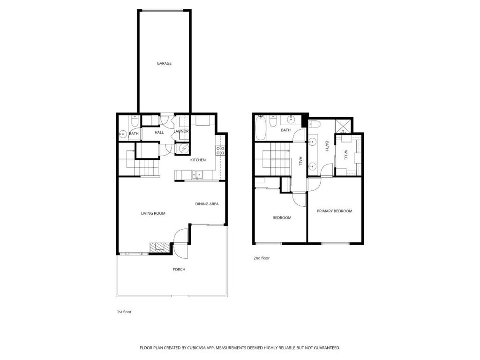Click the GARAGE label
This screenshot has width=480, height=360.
164,63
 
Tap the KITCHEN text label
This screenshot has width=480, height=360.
198,160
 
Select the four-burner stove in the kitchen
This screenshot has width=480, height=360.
220,150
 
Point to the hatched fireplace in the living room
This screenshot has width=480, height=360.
160,247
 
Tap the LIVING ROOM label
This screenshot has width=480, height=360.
153,213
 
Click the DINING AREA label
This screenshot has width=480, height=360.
207,204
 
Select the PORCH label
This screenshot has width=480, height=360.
179,270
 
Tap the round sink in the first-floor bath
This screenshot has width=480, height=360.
123,134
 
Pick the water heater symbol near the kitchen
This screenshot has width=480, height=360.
184,149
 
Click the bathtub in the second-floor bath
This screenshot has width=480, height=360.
261,127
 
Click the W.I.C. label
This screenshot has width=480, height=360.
345,155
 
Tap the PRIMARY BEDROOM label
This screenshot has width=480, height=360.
335,211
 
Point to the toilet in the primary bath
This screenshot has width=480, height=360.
315,124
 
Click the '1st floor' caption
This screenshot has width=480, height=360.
124,312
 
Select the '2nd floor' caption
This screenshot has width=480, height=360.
262,258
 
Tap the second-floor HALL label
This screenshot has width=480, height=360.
300,161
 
